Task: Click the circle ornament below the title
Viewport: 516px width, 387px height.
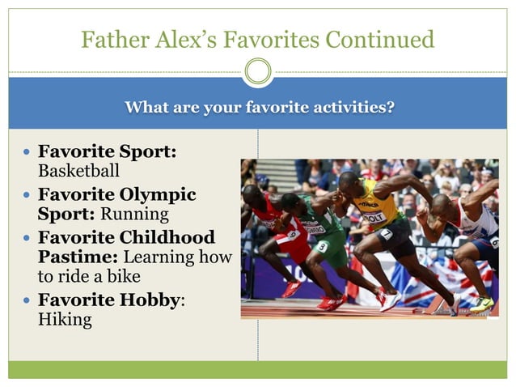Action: coord(258,72)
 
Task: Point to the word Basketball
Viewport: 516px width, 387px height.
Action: coord(78,171)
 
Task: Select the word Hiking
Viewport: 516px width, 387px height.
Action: coord(65,320)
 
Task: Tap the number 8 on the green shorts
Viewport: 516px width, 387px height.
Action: coord(322,246)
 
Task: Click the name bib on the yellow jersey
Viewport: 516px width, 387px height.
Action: coord(372,216)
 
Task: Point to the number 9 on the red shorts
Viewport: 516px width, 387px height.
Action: coord(291,235)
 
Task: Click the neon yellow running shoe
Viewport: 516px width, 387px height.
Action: coord(482,304)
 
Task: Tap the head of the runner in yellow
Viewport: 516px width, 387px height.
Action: coord(350,183)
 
